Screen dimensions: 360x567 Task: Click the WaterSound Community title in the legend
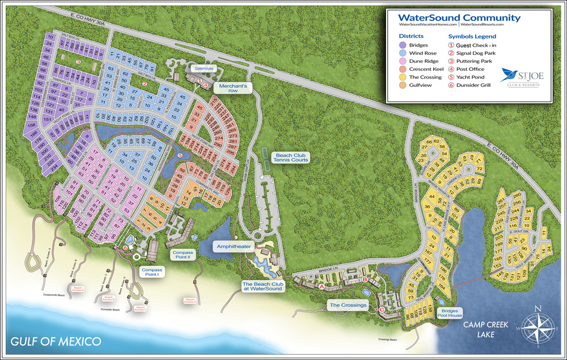tap(460, 18)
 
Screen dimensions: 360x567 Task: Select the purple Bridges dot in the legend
tap(403, 45)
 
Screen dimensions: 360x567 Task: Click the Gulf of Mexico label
tap(56, 342)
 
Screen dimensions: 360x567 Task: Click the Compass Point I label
tap(153, 273)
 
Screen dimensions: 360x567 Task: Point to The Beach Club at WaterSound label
tap(261, 286)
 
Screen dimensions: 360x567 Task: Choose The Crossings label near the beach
tap(348, 305)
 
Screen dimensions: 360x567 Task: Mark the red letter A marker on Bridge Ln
tap(321, 287)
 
